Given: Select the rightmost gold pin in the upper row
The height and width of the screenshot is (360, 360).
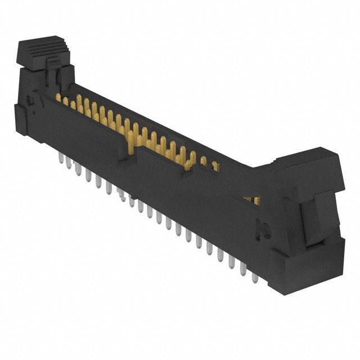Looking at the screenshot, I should pyautogui.click(x=215, y=166).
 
